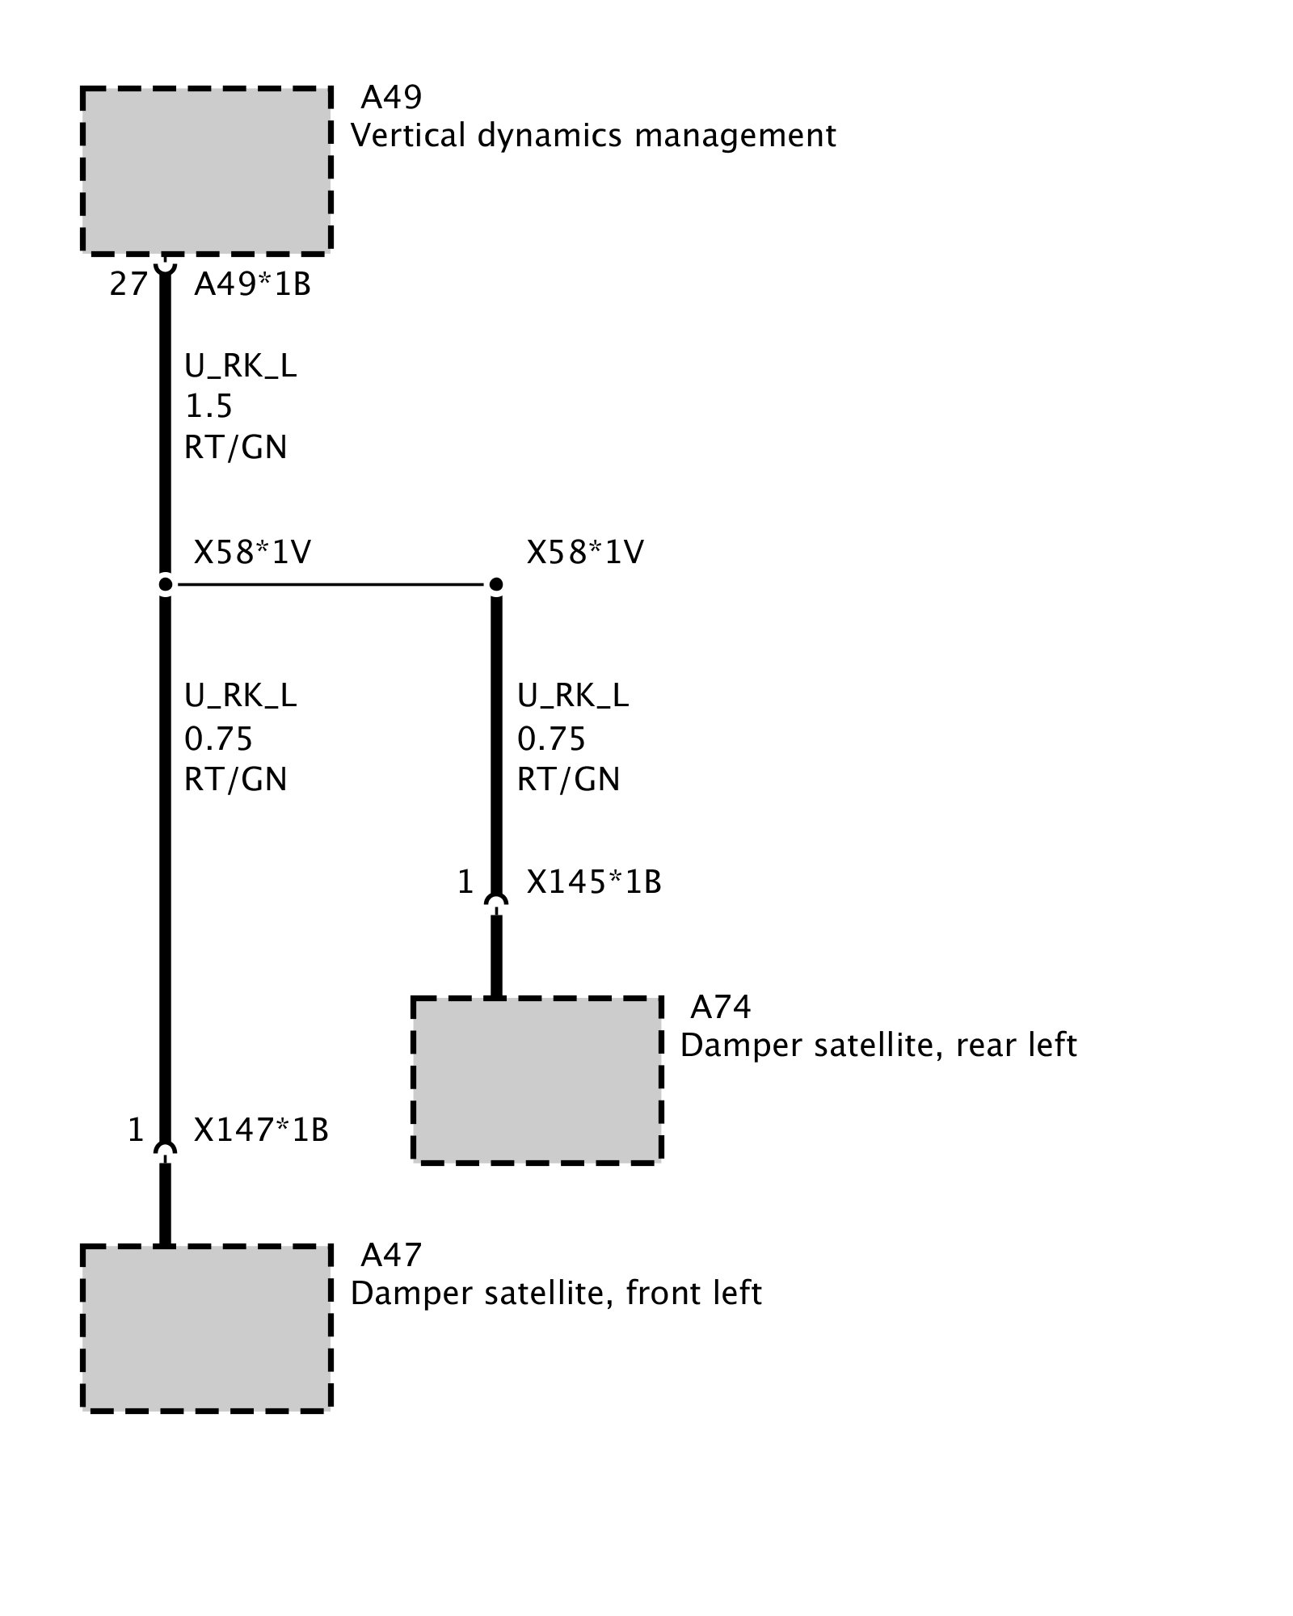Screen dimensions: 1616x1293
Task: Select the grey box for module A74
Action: tap(537, 1079)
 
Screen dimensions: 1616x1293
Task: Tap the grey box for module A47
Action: tap(206, 1328)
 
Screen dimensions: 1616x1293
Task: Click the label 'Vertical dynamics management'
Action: tap(593, 135)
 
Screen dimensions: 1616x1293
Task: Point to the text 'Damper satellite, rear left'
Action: tap(878, 1046)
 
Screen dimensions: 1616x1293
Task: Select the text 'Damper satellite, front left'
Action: tap(556, 1294)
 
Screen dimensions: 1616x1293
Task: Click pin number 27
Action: tap(128, 284)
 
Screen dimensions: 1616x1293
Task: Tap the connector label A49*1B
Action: tap(252, 284)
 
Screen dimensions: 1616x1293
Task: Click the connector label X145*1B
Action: tap(594, 882)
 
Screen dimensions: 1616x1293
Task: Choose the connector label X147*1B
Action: tap(261, 1130)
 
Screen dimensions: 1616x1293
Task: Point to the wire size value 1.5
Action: tap(208, 406)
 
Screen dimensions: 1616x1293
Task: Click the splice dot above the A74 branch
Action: tap(496, 584)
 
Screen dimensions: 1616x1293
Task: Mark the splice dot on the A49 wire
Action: tap(165, 584)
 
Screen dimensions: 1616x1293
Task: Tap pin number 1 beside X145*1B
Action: tap(465, 882)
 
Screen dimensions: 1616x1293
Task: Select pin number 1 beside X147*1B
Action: tap(136, 1130)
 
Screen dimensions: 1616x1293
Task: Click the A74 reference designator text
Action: tap(720, 1007)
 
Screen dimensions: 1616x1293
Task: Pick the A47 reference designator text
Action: tap(390, 1255)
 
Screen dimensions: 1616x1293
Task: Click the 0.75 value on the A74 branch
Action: tap(551, 739)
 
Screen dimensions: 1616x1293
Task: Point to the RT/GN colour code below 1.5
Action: tap(235, 448)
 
